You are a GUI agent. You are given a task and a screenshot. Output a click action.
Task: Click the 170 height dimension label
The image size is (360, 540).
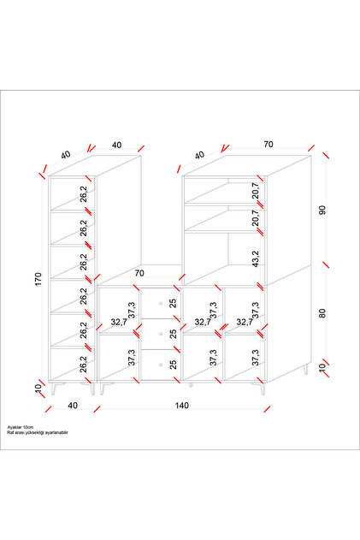38,279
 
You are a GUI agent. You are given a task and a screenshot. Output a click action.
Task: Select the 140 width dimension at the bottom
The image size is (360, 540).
182,406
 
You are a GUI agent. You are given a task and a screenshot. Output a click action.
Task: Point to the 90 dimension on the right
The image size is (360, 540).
322,210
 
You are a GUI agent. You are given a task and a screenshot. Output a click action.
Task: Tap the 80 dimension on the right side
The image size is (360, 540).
322,313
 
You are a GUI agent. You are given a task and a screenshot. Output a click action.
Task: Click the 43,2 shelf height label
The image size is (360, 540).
256,259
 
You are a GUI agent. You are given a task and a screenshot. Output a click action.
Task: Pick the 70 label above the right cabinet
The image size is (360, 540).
269,145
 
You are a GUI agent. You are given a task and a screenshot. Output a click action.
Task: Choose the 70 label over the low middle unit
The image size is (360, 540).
139,273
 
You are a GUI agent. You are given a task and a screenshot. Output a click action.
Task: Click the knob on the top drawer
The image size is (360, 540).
161,303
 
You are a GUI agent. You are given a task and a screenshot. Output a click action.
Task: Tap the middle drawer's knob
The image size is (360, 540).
161,334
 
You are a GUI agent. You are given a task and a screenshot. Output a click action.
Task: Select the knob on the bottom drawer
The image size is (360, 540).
161,365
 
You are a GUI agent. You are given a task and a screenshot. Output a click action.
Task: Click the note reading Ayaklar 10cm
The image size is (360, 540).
21,427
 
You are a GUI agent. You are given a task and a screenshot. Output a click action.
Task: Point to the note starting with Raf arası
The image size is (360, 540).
38,432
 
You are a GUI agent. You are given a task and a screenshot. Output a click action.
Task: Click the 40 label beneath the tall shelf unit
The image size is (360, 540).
73,406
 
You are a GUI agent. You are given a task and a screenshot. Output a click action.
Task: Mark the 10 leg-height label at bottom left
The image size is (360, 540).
38,388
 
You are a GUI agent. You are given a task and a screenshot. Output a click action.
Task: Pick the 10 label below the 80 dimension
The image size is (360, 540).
322,368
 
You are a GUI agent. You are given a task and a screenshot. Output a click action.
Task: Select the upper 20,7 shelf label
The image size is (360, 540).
256,191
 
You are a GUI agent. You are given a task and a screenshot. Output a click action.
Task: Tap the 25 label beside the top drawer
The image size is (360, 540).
173,303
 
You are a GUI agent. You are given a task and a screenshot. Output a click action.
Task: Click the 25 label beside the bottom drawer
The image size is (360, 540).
173,365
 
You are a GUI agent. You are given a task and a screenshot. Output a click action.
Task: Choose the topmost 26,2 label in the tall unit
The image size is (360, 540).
84,194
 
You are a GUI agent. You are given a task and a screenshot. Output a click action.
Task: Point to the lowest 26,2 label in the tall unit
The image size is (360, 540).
84,364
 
